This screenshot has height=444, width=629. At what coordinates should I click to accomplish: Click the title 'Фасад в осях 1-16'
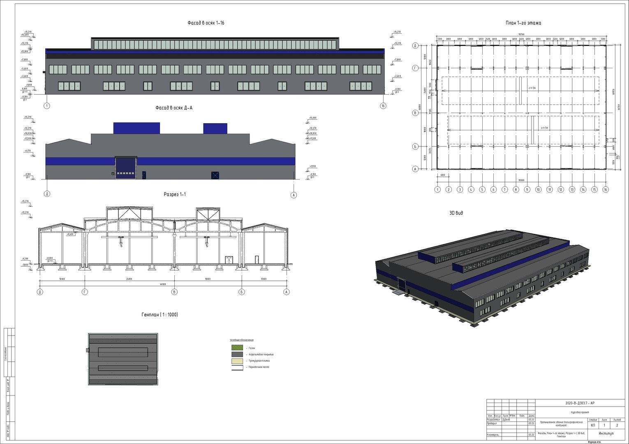[206, 23]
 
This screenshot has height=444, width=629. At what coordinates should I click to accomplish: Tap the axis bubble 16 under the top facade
[383, 106]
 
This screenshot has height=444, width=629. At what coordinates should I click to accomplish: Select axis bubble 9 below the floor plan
[527, 190]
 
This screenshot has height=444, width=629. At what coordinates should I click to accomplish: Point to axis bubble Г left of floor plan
[415, 68]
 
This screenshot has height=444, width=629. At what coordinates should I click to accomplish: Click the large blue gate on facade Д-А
[125, 168]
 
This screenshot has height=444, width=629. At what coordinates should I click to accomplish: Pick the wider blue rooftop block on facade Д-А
[136, 128]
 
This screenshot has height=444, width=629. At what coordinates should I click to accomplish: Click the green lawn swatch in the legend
[237, 348]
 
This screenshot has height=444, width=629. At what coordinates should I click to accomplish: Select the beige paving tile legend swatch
[237, 361]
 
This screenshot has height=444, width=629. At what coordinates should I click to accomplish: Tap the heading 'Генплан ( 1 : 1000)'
[160, 314]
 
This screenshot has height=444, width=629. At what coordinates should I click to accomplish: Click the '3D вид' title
[456, 213]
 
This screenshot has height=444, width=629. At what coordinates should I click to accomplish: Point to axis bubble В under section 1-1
[175, 292]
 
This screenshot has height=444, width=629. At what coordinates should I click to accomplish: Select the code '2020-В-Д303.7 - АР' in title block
[580, 403]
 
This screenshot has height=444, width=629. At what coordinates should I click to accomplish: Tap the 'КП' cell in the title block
[592, 425]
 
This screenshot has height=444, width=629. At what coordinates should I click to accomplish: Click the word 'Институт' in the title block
[606, 434]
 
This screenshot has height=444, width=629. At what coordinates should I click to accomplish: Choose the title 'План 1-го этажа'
[523, 23]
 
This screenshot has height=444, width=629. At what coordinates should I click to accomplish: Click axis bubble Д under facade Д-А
[47, 194]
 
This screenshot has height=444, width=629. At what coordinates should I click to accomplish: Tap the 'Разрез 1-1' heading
[175, 194]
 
